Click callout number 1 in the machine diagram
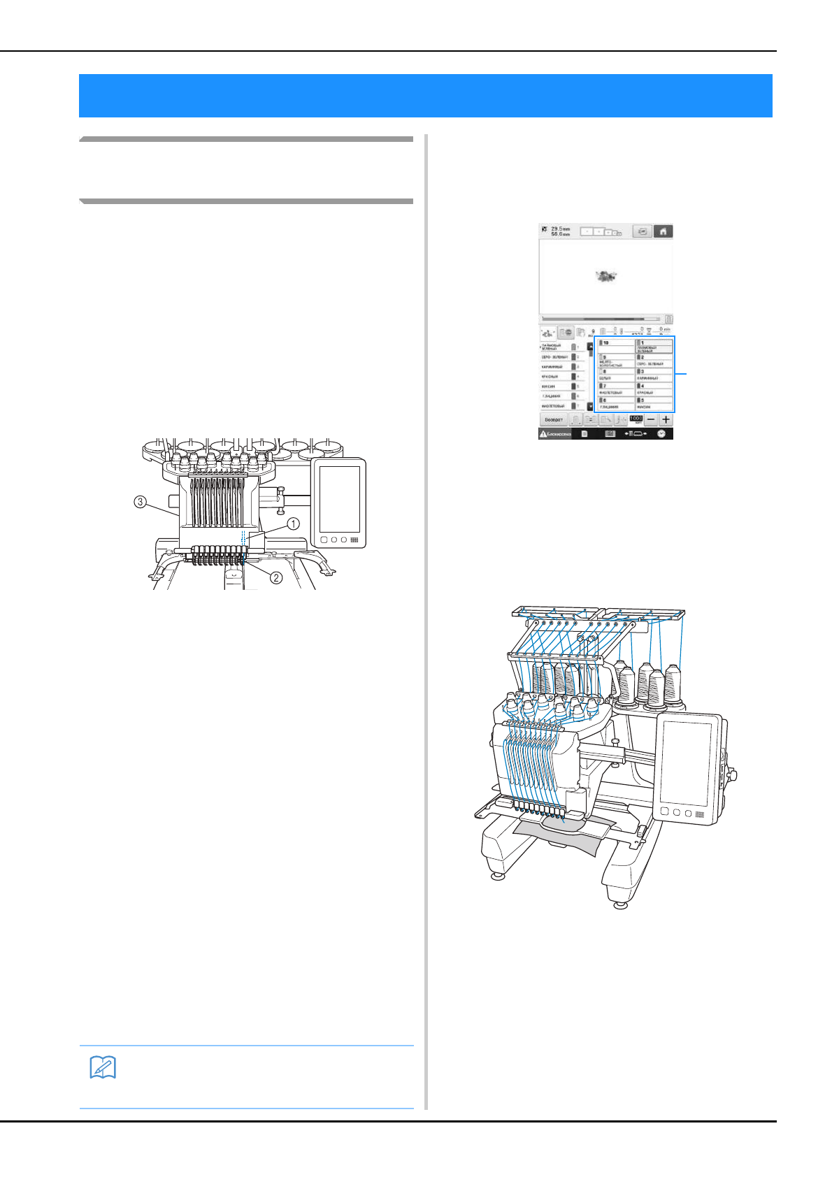[x=294, y=523]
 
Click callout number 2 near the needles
[x=277, y=577]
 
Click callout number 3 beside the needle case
[x=141, y=502]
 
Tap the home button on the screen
[x=662, y=231]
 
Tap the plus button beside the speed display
[x=665, y=419]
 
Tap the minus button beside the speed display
[x=651, y=419]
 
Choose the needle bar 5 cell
[x=654, y=403]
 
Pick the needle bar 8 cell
[x=615, y=374]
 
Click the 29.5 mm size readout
[x=560, y=229]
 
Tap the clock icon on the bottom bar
[x=661, y=433]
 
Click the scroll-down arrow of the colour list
[x=589, y=406]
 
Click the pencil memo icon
[x=103, y=1067]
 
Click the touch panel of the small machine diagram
[x=339, y=498]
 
